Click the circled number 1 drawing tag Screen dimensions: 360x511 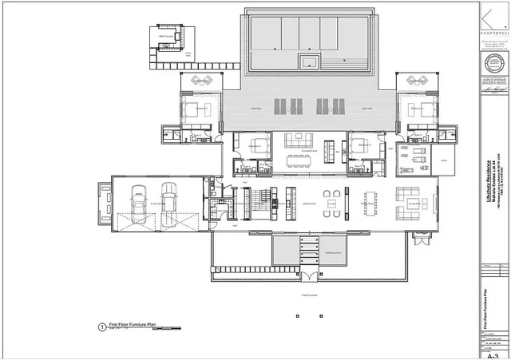[x=101, y=326]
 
